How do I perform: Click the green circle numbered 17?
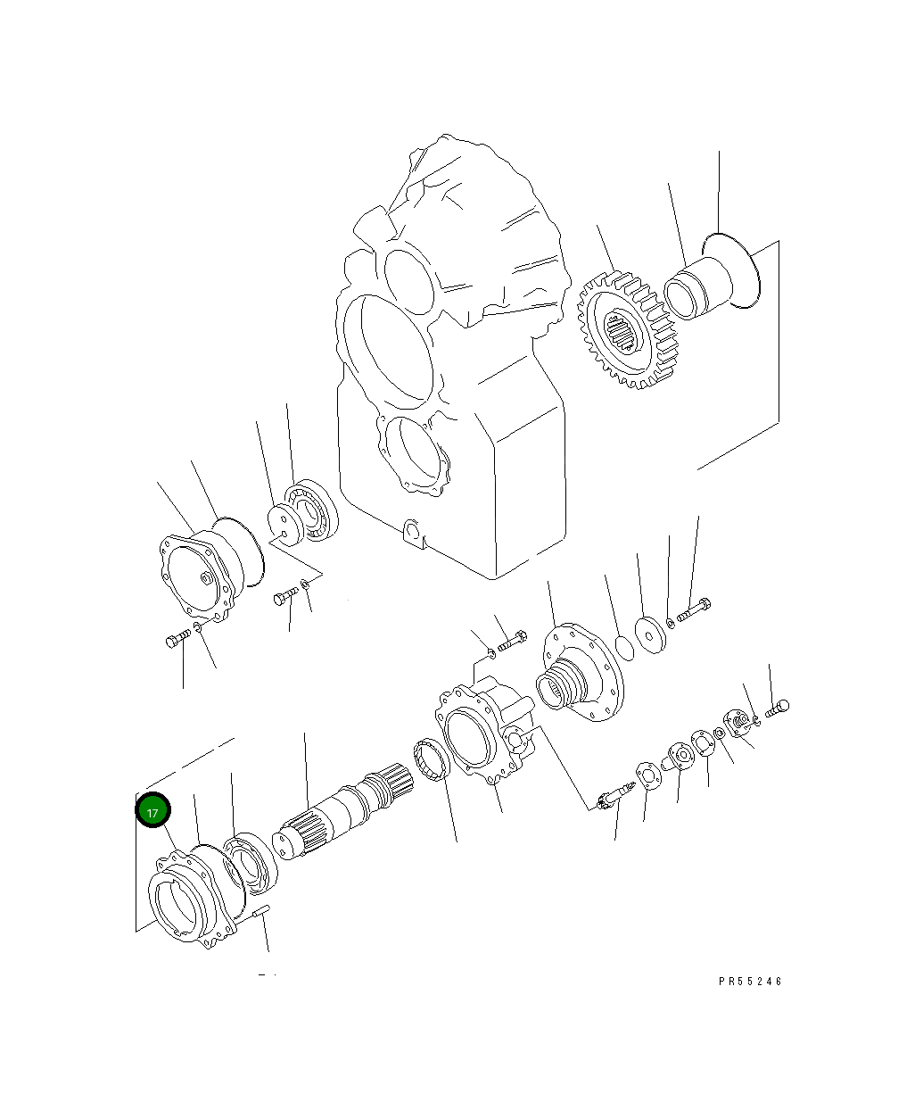click(x=152, y=812)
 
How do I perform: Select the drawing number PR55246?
click(x=750, y=981)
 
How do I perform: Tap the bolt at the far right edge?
click(x=779, y=709)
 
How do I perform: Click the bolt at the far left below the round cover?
click(x=177, y=638)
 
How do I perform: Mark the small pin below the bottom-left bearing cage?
click(x=261, y=912)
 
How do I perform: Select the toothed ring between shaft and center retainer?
click(x=431, y=760)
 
